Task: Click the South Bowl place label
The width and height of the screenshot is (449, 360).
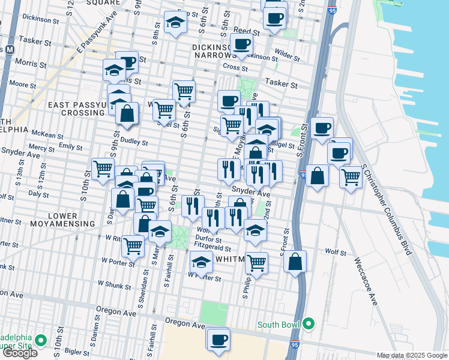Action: click(x=279, y=325)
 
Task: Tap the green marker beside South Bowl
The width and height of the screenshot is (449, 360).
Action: click(x=309, y=325)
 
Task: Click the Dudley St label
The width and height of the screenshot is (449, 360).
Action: click(x=134, y=143)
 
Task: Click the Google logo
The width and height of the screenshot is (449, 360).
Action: click(x=20, y=353)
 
